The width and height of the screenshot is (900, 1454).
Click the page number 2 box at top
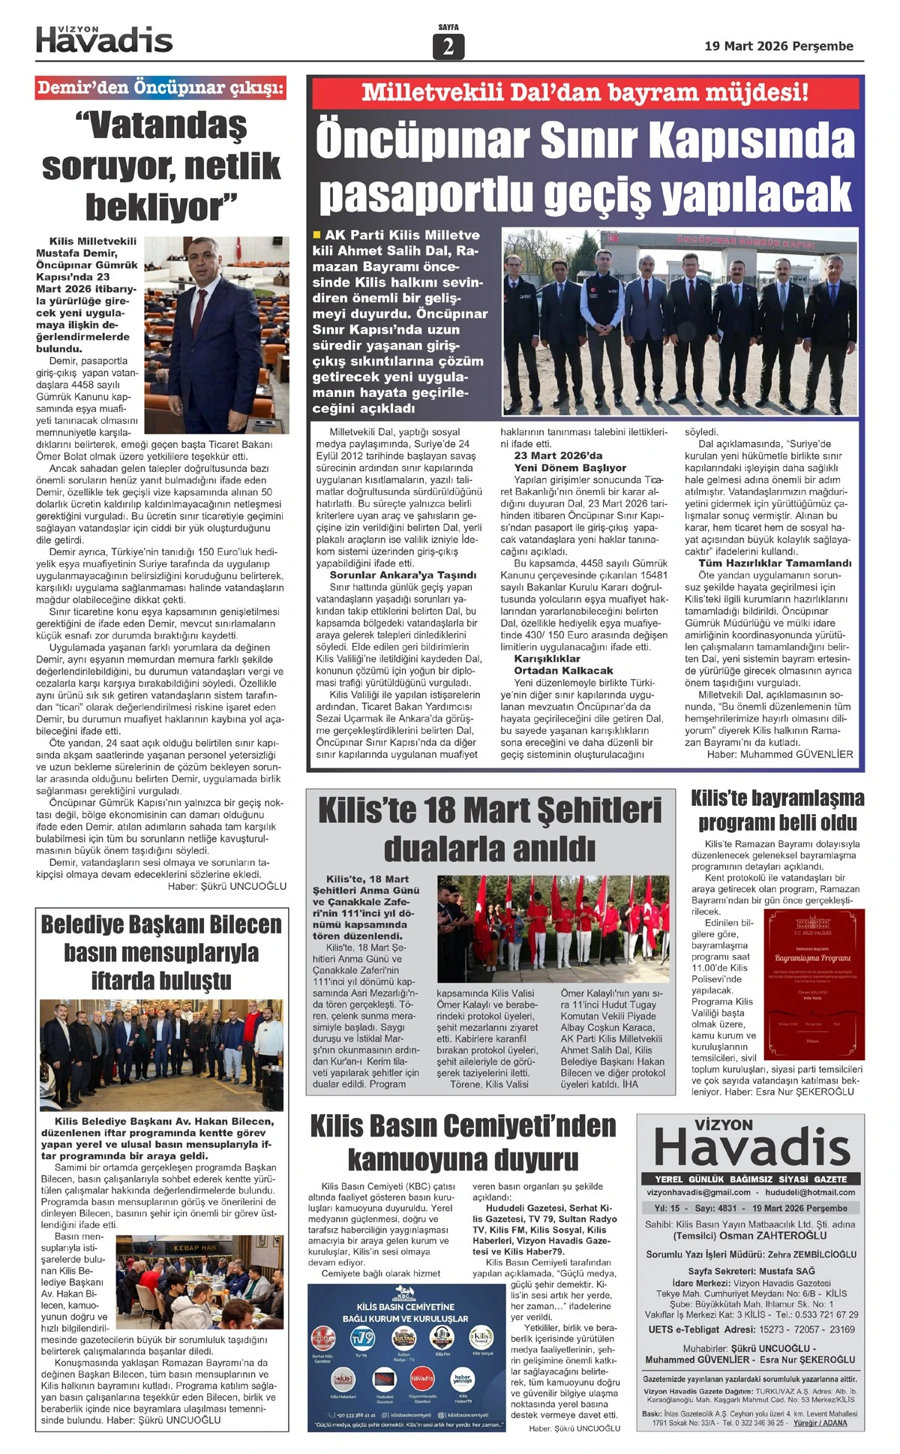448,47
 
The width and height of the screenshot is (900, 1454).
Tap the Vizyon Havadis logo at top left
104,40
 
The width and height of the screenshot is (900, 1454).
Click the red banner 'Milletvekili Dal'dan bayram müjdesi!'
585,93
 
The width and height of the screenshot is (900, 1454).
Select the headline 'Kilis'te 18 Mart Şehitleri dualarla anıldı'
490,830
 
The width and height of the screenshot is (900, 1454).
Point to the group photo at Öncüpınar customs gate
679,323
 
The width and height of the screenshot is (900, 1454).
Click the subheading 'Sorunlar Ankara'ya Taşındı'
403,575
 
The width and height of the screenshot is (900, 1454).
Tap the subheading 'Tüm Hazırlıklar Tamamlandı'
775,563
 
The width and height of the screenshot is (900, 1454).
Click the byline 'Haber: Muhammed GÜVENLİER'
779,754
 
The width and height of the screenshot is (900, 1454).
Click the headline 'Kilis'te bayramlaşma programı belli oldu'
777,810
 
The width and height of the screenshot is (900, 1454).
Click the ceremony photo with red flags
553,929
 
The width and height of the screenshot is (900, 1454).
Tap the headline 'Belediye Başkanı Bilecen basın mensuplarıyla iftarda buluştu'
161,952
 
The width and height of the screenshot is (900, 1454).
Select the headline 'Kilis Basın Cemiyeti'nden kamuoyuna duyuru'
463,1142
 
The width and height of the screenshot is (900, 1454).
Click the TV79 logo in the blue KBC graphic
363,1337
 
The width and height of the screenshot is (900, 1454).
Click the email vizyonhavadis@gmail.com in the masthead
697,1192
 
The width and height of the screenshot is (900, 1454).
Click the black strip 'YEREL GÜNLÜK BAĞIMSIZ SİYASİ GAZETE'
751,1179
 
